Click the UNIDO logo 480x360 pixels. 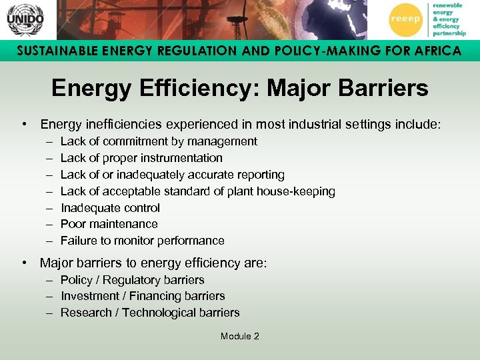25,19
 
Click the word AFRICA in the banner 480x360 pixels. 433,51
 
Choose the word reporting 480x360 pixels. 259,175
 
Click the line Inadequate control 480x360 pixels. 110,208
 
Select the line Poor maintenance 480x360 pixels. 109,224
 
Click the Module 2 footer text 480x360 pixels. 239,336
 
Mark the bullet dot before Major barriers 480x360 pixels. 24,263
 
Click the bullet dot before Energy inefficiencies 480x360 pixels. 24,124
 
